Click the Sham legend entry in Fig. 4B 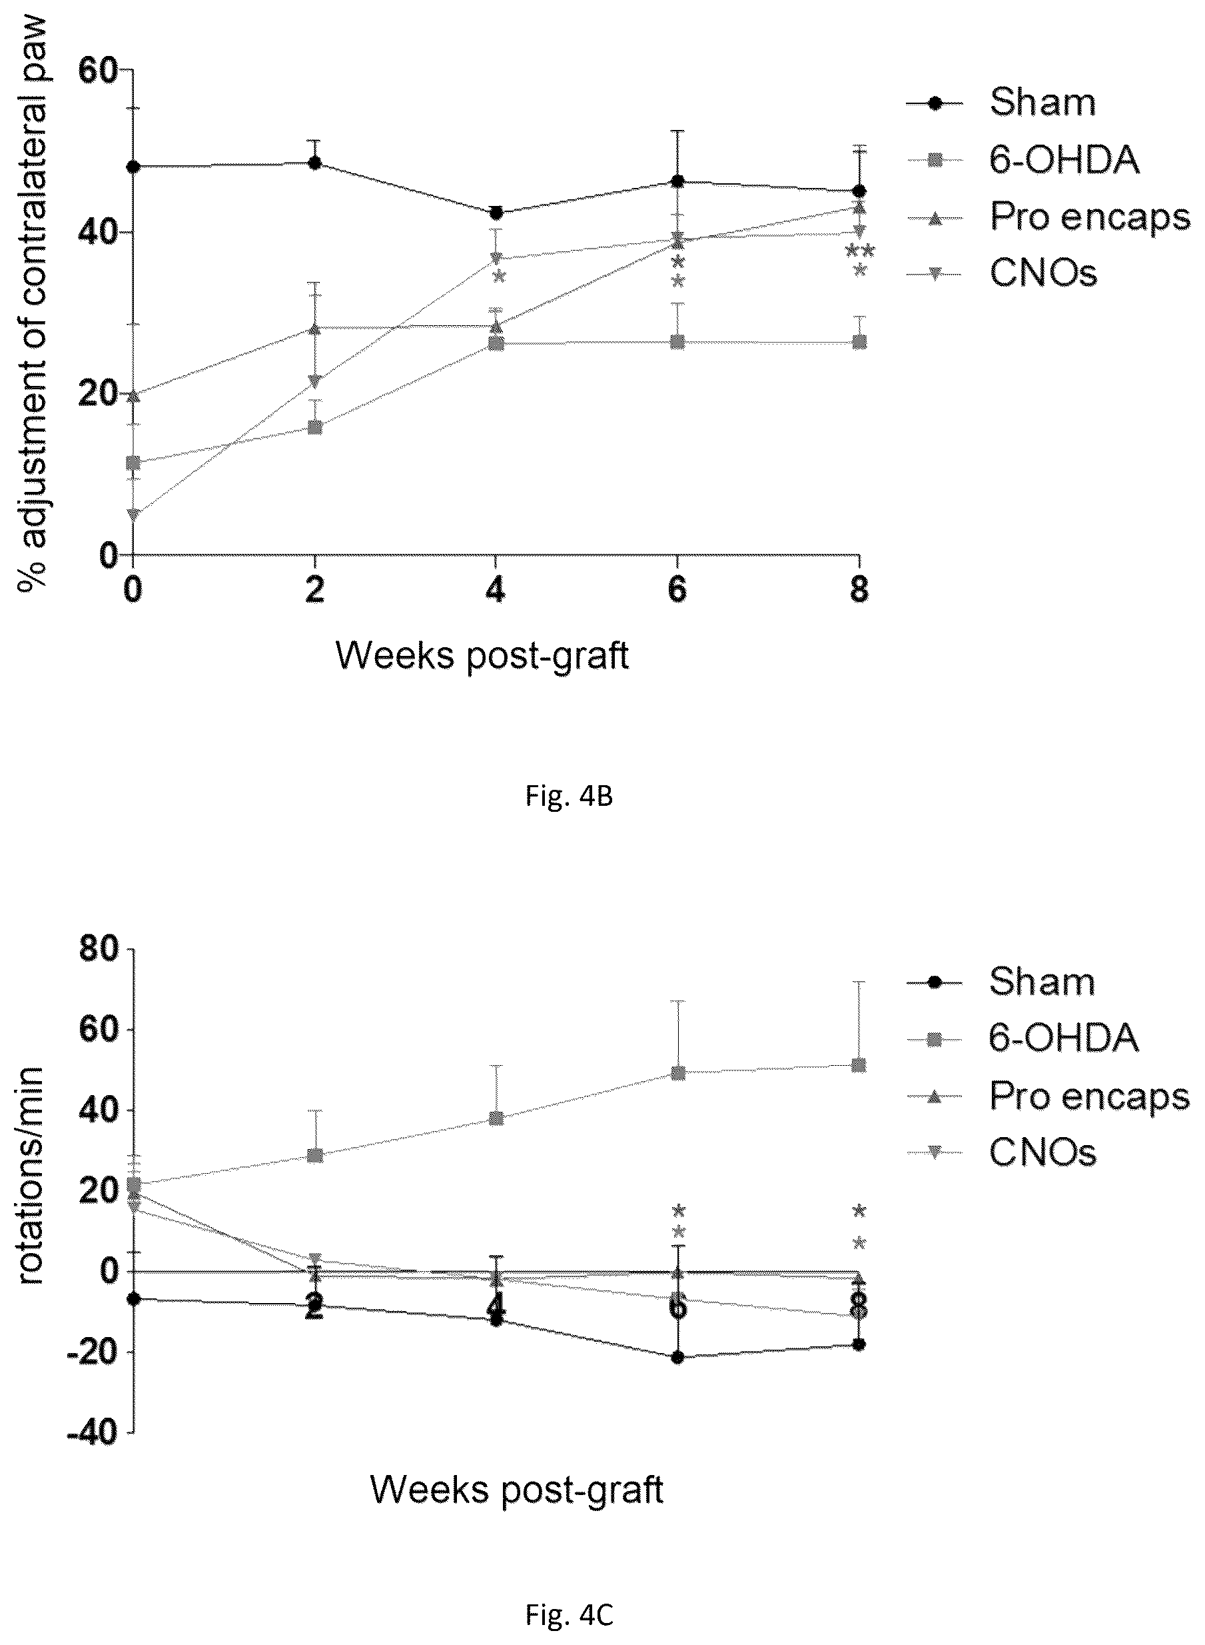[1001, 103]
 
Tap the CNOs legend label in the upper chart [1043, 273]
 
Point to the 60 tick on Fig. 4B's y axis [99, 71]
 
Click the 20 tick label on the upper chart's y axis [99, 395]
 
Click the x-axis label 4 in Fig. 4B [496, 589]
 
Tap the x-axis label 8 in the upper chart [860, 589]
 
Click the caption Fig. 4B [569, 797]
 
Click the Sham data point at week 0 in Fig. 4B [133, 167]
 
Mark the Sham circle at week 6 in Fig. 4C [677, 1358]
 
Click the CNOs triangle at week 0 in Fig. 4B [133, 515]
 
